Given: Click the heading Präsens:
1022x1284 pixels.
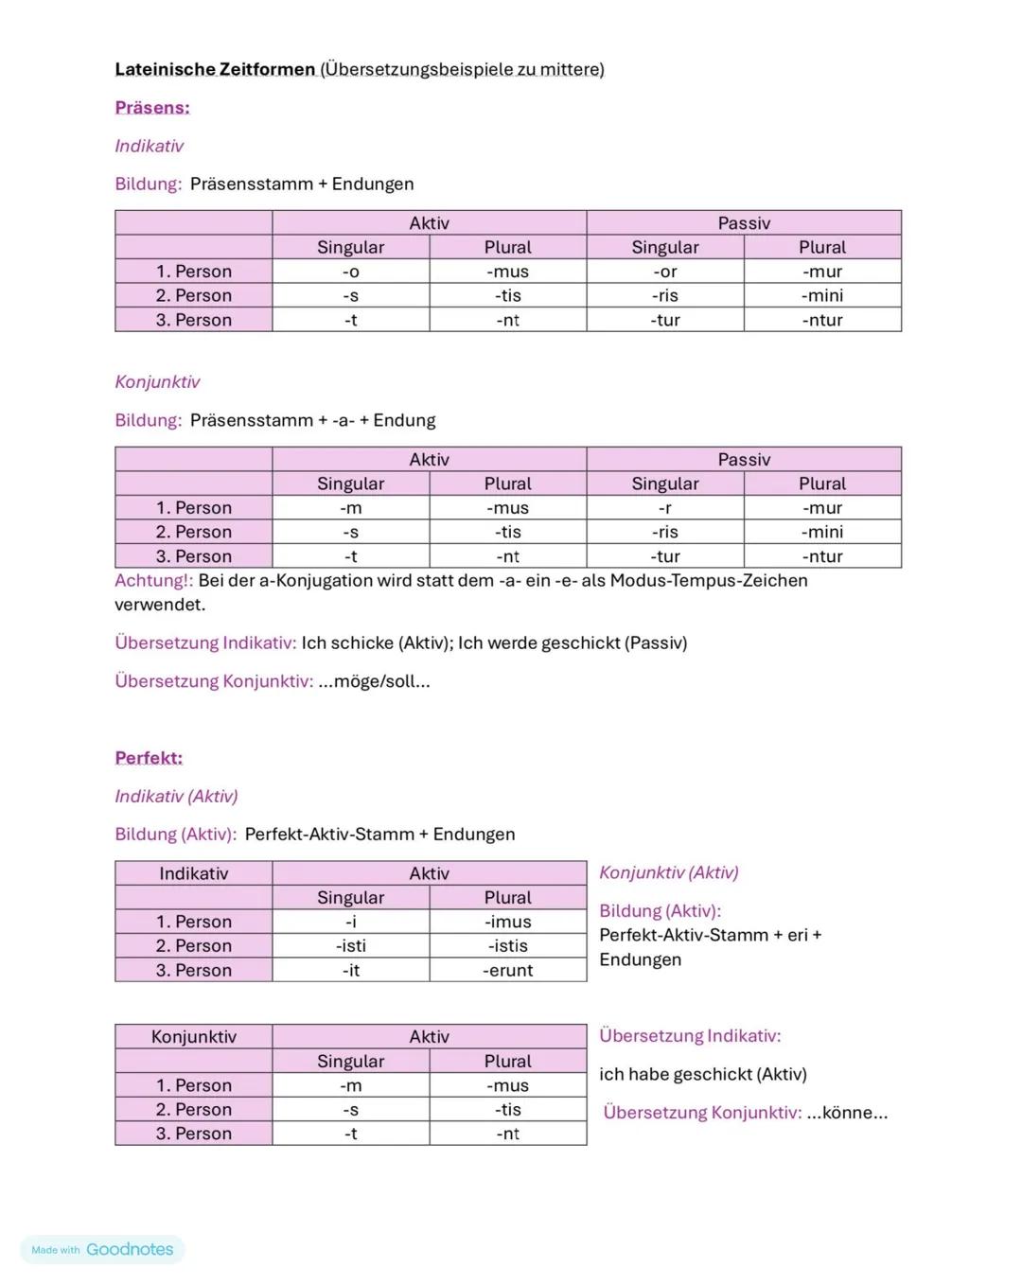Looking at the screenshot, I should point(151,108).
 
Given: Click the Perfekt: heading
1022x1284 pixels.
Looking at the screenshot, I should point(149,758).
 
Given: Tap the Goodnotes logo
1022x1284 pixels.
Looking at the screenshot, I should point(130,1249).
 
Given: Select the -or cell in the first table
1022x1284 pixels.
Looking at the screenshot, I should point(664,272).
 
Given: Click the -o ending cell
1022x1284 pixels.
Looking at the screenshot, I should point(350,272).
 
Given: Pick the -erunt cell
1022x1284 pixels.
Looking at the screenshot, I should point(508,970).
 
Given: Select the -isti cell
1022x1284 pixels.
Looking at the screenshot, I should point(350,945).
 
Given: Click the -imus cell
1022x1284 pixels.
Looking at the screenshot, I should point(508,922).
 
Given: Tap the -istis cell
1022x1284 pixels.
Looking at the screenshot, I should point(508,945).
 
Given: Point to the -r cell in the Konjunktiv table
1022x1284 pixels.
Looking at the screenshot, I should point(664,508).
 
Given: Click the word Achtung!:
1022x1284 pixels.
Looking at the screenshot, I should point(153,580).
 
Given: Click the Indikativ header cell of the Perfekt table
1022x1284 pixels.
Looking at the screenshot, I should point(193,873).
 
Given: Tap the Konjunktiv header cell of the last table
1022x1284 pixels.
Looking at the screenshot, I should point(193,1037).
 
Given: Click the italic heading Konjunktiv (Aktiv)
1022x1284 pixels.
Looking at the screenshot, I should point(668,872).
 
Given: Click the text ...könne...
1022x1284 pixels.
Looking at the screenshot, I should point(847,1113).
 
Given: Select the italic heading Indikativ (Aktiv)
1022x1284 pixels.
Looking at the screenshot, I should point(176,796).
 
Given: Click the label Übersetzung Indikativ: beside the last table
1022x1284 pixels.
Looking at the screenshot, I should point(690,1036).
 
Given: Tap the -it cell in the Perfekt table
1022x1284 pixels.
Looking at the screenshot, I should point(350,970).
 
